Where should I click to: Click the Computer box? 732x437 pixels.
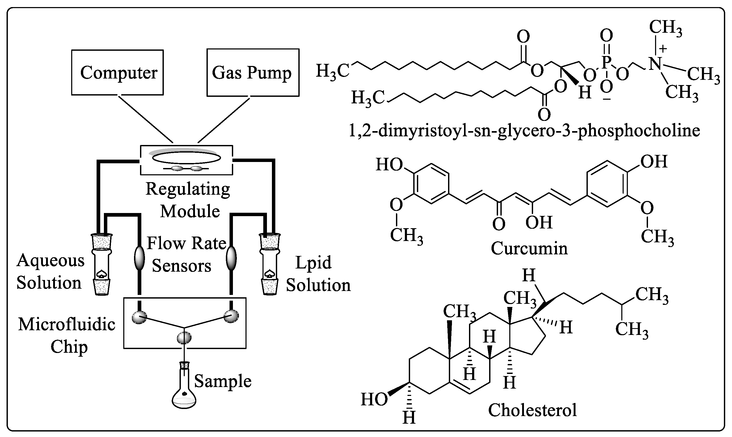(x=117, y=72)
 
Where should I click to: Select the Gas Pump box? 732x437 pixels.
(x=253, y=72)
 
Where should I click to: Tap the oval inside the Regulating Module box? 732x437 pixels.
(x=186, y=158)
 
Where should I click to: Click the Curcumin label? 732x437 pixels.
(x=529, y=248)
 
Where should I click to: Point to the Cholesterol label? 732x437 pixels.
(x=532, y=410)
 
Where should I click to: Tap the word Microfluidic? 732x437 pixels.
(x=66, y=324)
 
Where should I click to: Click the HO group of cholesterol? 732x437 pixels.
(x=374, y=400)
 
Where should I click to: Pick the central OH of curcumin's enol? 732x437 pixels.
(x=539, y=222)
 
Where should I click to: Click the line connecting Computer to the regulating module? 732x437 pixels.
(x=145, y=118)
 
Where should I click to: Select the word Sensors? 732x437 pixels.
(x=181, y=266)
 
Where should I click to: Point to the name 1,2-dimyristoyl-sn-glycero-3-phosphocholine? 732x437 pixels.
(x=524, y=131)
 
